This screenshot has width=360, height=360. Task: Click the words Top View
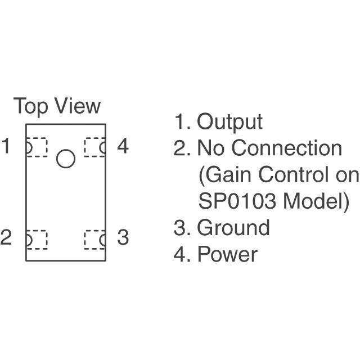[x=57, y=106]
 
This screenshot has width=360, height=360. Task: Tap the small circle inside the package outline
[x=66, y=159]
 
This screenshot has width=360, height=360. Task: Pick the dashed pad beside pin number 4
[x=94, y=147]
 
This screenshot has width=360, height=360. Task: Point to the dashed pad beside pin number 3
[x=94, y=240]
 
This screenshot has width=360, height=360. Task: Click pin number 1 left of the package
[x=6, y=147]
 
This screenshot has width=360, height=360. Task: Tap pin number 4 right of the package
[x=123, y=147]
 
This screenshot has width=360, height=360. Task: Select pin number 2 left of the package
[x=6, y=237]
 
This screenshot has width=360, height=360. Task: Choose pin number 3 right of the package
[x=123, y=237]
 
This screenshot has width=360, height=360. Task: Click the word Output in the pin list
[x=229, y=122]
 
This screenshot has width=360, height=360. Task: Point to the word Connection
[x=287, y=148]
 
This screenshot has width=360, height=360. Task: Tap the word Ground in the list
[x=233, y=228]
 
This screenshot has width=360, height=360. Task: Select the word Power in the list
[x=227, y=254]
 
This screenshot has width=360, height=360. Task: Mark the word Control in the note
[x=291, y=175]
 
